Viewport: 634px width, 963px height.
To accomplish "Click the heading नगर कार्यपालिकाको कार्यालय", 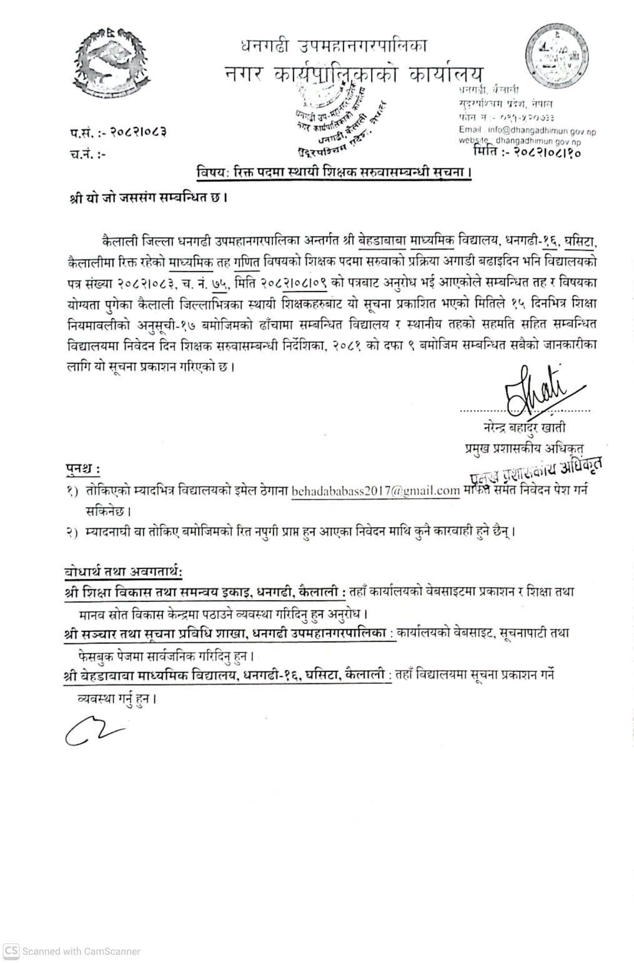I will tap(354, 74).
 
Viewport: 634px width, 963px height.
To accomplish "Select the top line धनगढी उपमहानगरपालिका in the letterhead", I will tap(334, 46).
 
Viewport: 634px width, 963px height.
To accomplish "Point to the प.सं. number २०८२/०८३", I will tap(138, 132).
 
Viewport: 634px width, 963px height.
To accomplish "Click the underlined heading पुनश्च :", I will tap(83, 468).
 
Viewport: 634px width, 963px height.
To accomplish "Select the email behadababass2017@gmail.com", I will tap(376, 490).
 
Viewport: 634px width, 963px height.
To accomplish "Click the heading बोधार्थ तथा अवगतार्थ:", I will tap(124, 571).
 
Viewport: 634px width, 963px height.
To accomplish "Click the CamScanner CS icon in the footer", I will tap(11, 951).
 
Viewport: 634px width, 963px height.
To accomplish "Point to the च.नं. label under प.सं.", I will tap(87, 154).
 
